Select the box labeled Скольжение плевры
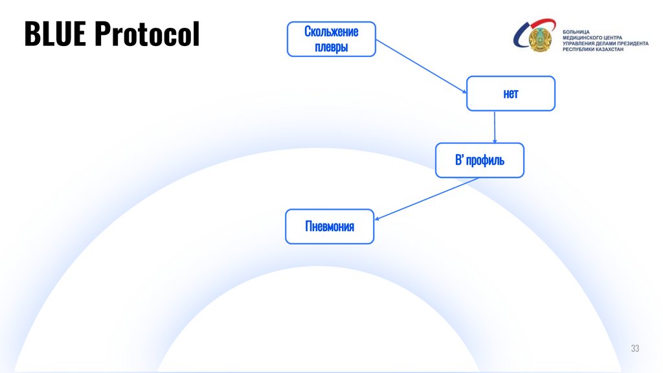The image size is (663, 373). click(x=331, y=39)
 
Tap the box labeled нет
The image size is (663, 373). click(x=511, y=93)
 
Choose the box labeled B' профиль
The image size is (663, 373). click(x=479, y=160)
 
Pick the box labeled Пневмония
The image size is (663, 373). click(x=330, y=226)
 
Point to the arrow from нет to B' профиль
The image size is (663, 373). click(x=495, y=127)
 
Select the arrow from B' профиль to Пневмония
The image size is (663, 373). click(x=427, y=199)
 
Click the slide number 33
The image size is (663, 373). click(x=635, y=349)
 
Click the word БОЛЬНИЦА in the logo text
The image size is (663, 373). click(x=576, y=32)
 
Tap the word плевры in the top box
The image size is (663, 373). click(x=331, y=47)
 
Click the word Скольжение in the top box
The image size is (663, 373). click(x=331, y=31)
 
